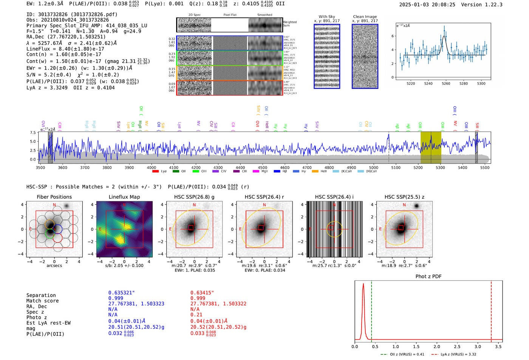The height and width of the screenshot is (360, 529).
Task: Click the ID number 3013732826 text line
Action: [x=72, y=14]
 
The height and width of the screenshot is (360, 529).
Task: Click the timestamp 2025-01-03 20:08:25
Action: [x=427, y=5]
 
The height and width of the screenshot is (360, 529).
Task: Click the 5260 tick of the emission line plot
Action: [x=446, y=83]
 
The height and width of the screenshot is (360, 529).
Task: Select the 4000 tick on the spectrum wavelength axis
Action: [x=152, y=167]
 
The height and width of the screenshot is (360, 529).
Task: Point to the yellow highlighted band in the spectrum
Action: [x=431, y=147]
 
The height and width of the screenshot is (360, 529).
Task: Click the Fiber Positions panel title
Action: [x=54, y=197]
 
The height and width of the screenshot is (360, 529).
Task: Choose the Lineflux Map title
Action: [x=124, y=197]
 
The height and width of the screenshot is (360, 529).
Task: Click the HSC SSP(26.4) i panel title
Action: [x=334, y=197]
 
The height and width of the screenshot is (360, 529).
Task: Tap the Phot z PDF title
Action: [x=428, y=277]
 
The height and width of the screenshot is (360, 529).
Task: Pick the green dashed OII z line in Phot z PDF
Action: [x=371, y=310]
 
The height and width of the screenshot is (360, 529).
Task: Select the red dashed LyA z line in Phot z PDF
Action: [x=491, y=310]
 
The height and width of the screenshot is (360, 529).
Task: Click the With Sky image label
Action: [x=326, y=17]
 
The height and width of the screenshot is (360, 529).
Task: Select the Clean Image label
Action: [x=365, y=17]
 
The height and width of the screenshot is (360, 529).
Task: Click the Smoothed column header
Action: [x=264, y=15]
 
